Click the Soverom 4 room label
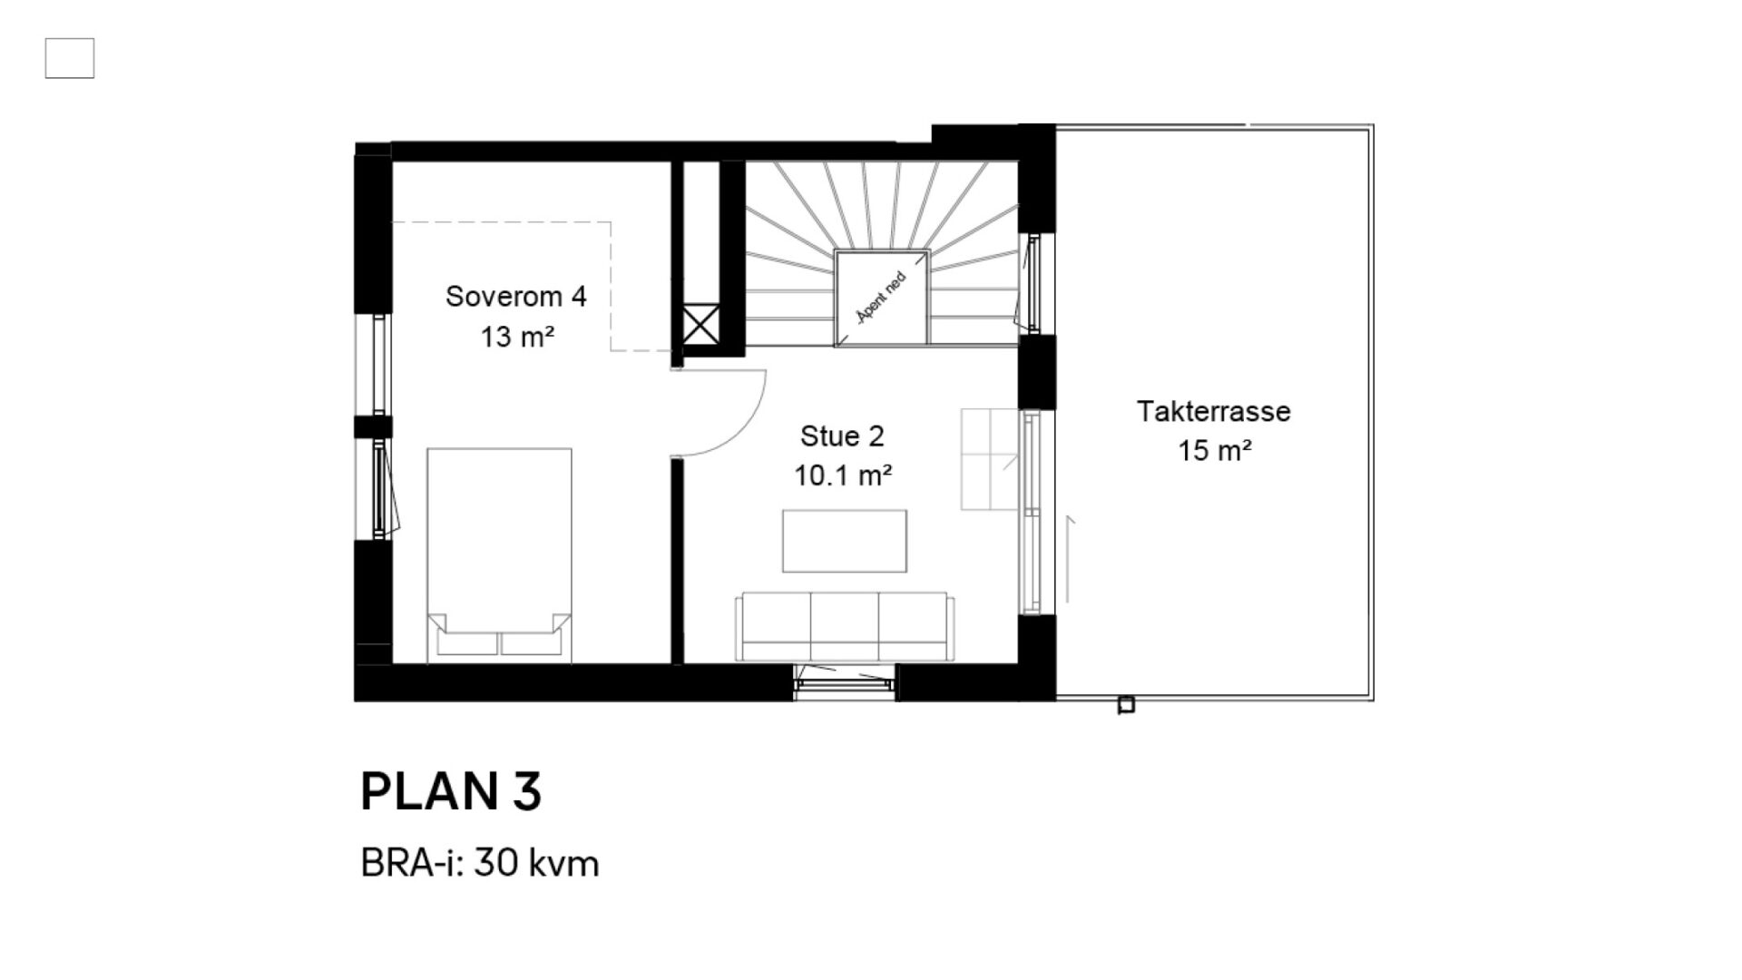[515, 297]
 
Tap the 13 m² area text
[517, 337]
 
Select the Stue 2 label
[842, 436]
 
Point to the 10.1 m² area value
[843, 475]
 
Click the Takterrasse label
[1214, 411]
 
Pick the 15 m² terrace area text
[1215, 450]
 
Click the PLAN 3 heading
[451, 791]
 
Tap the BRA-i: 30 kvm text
[480, 863]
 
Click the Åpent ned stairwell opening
[882, 298]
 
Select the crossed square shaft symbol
[700, 324]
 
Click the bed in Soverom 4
[499, 554]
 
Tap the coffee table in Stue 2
[845, 541]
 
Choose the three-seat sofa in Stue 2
[846, 627]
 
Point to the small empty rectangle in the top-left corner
[70, 58]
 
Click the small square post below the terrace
[1126, 704]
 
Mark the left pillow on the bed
[468, 642]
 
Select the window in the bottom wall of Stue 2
[844, 681]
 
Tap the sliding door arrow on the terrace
[1069, 559]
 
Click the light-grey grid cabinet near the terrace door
[990, 459]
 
